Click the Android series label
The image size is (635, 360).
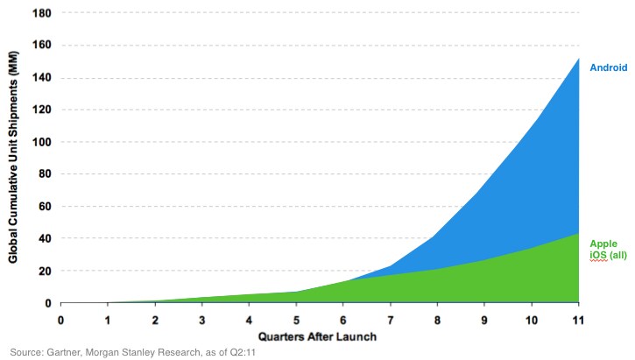608,67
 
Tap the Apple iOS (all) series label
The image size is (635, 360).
608,250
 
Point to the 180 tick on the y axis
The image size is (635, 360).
42,13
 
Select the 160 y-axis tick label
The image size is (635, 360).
42,45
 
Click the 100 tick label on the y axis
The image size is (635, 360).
42,142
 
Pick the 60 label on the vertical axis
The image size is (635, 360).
45,207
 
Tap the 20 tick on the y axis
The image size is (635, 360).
45,271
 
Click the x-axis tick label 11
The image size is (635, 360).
578,321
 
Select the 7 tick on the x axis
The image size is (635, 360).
391,321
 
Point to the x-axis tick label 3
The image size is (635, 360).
202,321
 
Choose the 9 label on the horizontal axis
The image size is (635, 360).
484,321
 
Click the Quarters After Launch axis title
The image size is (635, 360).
317,336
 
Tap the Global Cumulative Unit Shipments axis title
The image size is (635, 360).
13,157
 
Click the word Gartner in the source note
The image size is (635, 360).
64,352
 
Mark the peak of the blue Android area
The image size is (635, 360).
579,59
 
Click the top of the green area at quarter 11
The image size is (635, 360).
579,233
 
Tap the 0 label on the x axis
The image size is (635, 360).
60,321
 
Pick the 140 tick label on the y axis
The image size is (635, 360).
42,77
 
